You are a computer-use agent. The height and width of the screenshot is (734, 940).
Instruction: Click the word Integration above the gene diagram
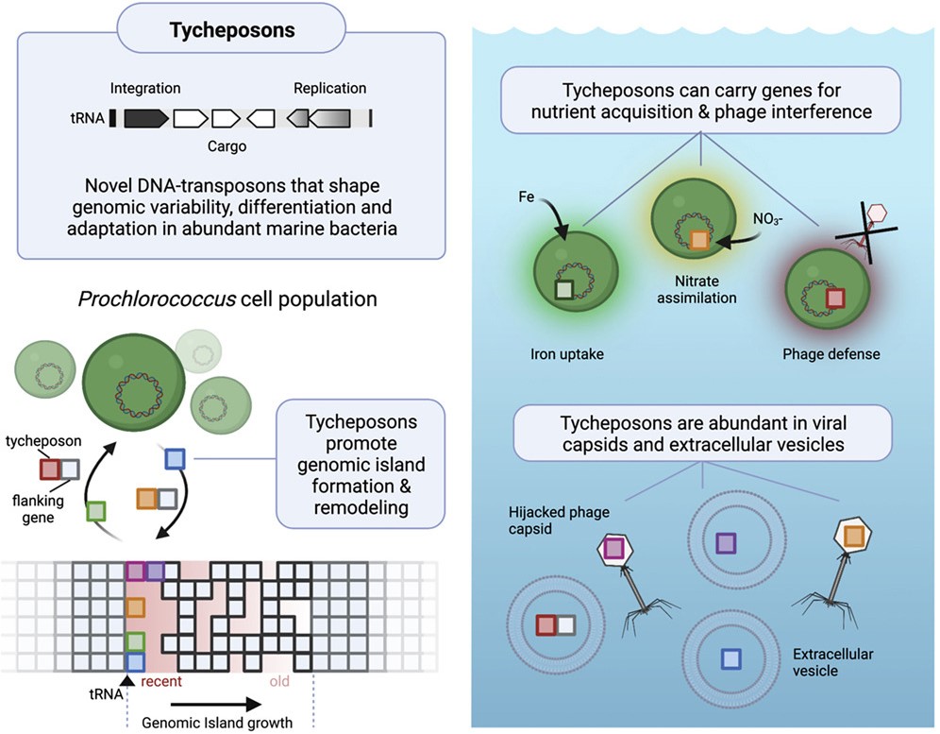coord(145,89)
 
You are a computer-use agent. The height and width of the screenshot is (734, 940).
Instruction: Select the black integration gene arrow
coord(146,118)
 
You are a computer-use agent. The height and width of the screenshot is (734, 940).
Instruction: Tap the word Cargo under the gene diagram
coord(227,147)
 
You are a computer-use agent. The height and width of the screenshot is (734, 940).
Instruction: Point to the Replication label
coord(329,89)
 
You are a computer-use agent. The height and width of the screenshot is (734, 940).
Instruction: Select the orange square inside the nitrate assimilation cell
coord(698,240)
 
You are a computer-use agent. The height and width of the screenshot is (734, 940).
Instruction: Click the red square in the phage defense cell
coord(835,299)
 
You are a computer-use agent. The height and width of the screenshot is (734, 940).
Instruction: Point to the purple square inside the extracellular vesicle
coord(726,542)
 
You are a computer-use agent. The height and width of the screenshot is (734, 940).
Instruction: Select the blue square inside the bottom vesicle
coord(730,657)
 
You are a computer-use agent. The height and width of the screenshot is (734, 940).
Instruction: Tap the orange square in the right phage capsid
coord(855,536)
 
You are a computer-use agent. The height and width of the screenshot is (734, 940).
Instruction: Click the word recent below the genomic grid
coord(160,680)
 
